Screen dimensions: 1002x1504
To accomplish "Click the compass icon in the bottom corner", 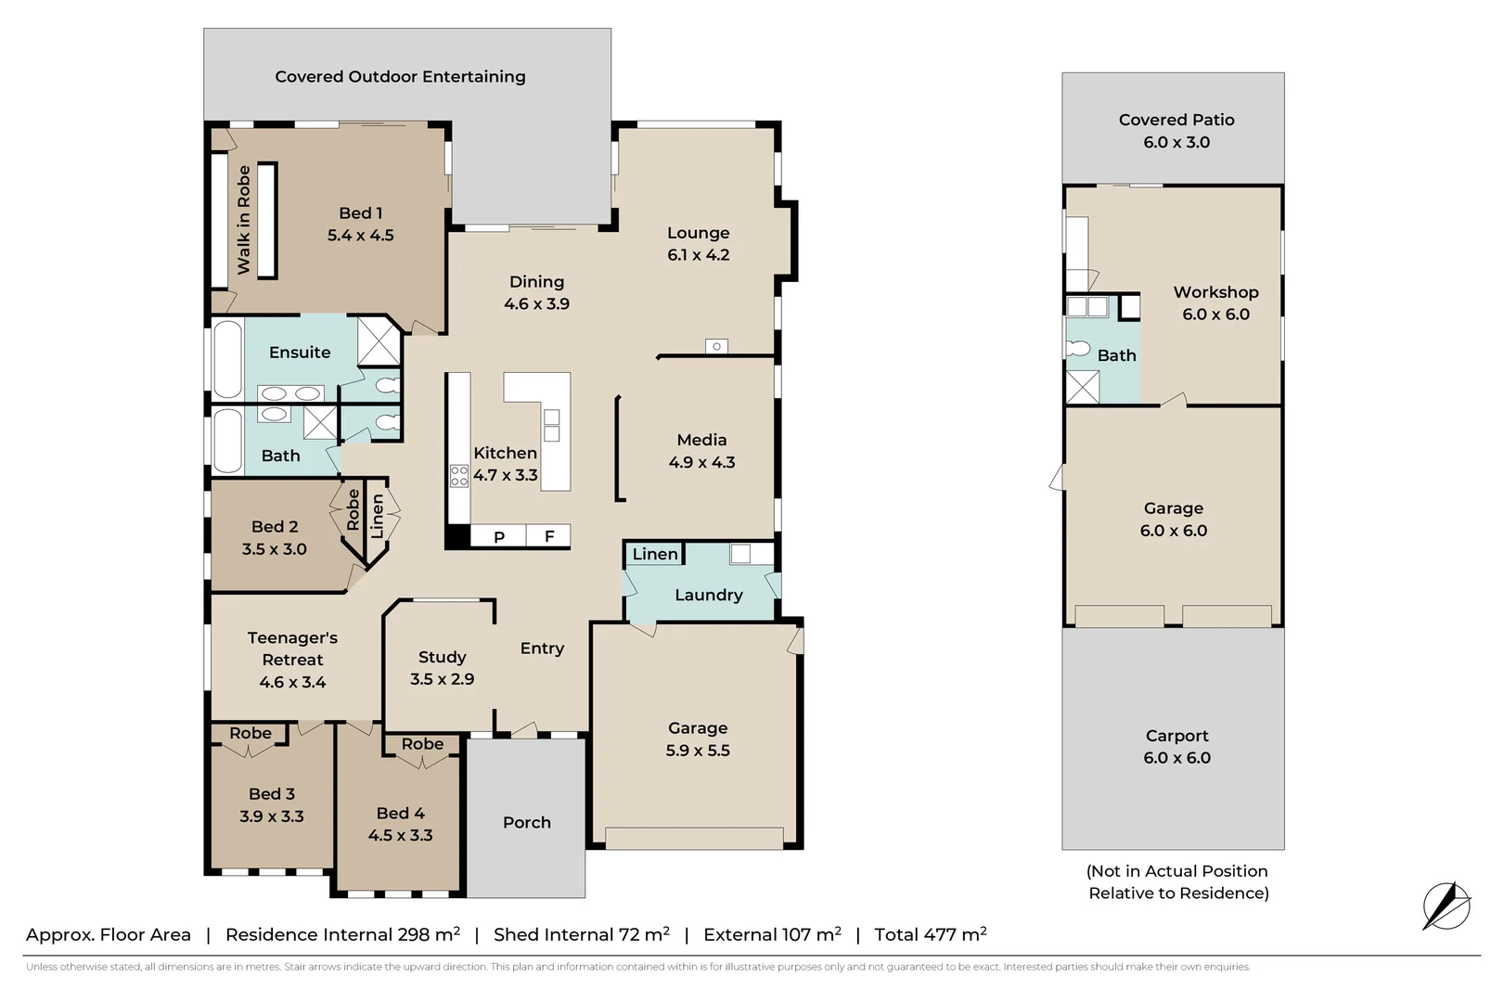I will [x=1446, y=906].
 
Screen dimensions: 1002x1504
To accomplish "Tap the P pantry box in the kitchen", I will [x=498, y=536].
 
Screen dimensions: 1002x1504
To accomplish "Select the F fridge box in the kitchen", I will [x=549, y=536].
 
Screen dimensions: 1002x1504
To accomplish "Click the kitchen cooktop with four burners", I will [x=459, y=476].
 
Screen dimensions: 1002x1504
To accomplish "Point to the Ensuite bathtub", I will [x=227, y=359].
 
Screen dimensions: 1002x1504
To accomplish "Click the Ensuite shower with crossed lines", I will [x=378, y=341].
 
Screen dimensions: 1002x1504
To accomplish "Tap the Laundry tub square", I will [x=739, y=555].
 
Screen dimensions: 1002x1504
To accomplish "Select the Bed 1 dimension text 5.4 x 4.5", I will [x=360, y=236].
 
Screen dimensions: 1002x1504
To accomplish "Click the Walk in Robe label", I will [x=244, y=220].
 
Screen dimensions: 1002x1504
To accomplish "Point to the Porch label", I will [x=526, y=822].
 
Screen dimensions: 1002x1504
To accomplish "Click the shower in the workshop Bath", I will [x=1082, y=387].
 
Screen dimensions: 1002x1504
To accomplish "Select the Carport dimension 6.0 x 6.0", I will [x=1176, y=758].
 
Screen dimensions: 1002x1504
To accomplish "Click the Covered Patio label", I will [x=1176, y=120].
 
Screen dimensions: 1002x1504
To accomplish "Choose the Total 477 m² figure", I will [x=930, y=934].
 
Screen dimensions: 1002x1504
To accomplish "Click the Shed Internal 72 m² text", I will [x=581, y=934].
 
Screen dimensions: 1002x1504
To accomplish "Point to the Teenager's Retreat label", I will [x=292, y=649].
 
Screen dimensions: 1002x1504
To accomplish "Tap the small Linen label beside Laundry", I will [x=655, y=554].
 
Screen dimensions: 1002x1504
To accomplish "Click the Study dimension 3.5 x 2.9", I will [x=442, y=679].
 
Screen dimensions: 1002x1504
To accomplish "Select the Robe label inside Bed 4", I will [x=422, y=744].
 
